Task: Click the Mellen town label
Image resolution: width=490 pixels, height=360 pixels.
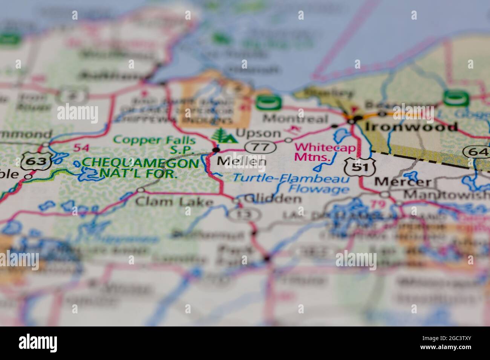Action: [x=242, y=162]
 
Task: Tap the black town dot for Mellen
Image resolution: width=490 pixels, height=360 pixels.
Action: [x=216, y=150]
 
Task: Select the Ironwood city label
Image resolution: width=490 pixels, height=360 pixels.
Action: [x=411, y=126]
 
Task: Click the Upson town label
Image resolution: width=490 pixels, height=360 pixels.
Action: [x=258, y=133]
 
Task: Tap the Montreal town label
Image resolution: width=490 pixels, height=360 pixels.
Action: [x=295, y=119]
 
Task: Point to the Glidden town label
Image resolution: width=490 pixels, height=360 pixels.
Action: [x=273, y=198]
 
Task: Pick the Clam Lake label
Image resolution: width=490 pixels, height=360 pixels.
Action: [x=174, y=202]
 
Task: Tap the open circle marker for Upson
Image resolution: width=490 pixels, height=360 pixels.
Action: [x=288, y=140]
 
